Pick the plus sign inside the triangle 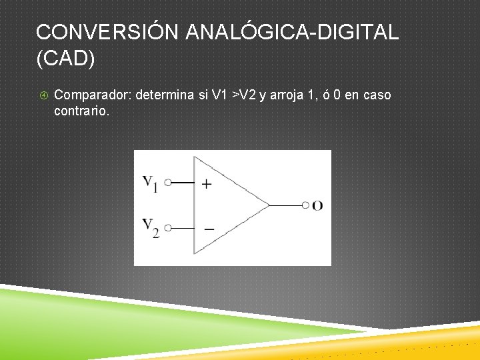(x=207, y=183)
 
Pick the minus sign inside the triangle (x=209, y=229)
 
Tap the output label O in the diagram (x=317, y=205)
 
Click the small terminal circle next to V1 (x=168, y=182)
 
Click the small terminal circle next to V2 (x=168, y=227)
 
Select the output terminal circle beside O (x=305, y=205)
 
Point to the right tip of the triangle (x=269, y=205)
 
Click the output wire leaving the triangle (x=285, y=205)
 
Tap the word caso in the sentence (x=377, y=95)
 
